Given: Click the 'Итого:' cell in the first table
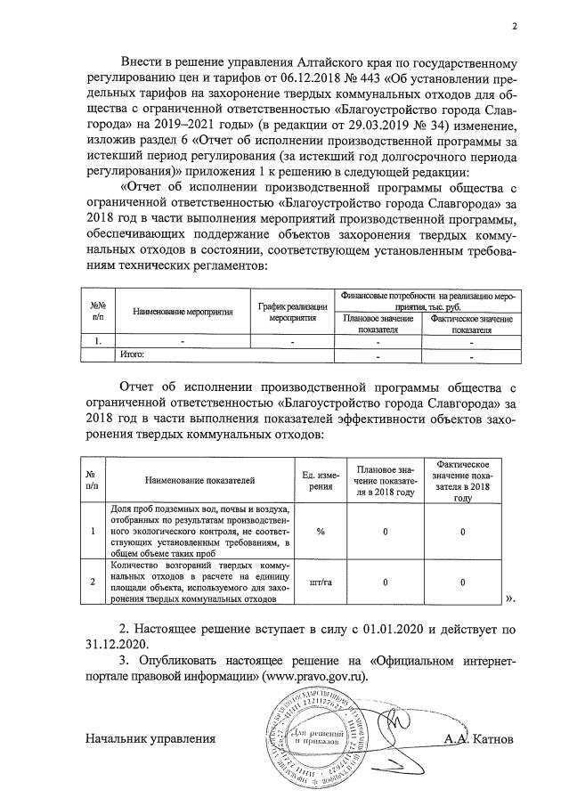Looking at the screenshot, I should click(x=132, y=354).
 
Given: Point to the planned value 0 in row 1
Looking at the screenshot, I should click(x=386, y=531).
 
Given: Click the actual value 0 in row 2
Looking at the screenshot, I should click(x=463, y=583).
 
